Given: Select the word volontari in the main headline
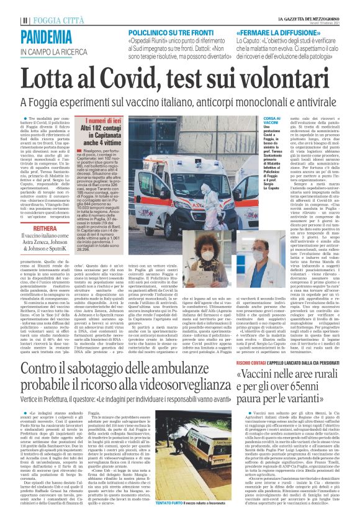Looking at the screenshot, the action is pos(291,80).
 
